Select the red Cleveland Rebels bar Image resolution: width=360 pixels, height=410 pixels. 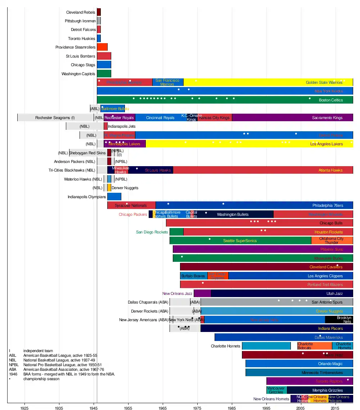click(x=99, y=12)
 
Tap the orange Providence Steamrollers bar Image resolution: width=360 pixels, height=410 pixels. click(x=102, y=47)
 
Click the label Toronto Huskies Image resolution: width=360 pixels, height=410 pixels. click(x=82, y=38)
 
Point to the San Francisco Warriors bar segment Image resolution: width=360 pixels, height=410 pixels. click(x=168, y=82)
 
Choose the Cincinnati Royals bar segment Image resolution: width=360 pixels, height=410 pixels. click(x=160, y=118)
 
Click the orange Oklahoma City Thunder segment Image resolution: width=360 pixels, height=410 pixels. click(x=332, y=241)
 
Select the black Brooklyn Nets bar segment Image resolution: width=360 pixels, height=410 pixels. click(x=339, y=320)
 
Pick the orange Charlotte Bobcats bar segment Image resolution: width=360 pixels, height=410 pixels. click(x=314, y=346)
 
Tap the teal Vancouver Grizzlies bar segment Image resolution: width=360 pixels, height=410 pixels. click(x=276, y=390)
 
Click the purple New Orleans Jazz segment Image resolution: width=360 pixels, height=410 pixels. click(x=202, y=293)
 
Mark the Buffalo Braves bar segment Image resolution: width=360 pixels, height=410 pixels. click(x=194, y=276)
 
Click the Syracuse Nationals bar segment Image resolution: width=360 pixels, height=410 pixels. click(x=131, y=205)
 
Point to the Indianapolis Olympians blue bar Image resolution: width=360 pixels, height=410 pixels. click(x=114, y=197)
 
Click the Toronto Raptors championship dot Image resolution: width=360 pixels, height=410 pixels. click(x=348, y=379)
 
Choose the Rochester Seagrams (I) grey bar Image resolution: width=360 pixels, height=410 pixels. click(x=55, y=118)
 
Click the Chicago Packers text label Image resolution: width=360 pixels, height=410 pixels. click(x=133, y=215)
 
